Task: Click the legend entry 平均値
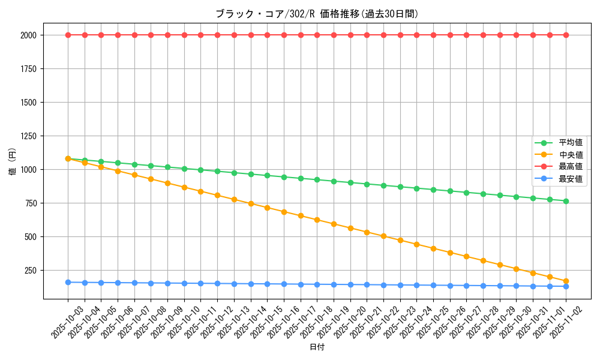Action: point(571,143)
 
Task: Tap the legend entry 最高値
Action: point(571,167)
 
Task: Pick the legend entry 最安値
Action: point(571,179)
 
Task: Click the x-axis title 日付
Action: point(317,347)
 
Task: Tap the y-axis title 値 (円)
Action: point(13,162)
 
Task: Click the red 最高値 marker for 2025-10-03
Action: point(68,35)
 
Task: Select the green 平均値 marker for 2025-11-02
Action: point(566,201)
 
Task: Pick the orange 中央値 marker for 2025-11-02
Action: point(566,281)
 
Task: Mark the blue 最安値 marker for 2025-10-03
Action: point(68,282)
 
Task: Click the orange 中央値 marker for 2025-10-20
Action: point(350,229)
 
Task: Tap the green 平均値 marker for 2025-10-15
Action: point(267,175)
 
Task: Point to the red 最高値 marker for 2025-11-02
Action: point(566,35)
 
